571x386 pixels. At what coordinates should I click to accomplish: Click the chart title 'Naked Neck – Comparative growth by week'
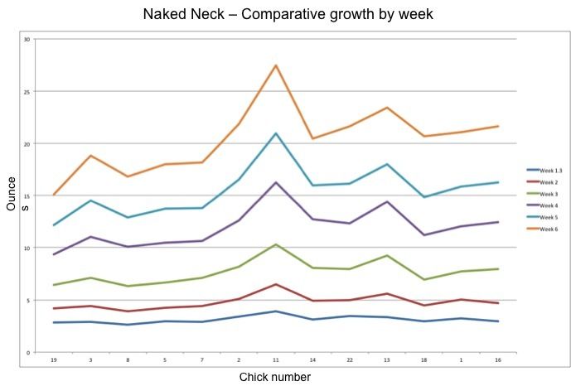[x=285, y=14]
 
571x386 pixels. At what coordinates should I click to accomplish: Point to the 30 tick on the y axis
[x=27, y=39]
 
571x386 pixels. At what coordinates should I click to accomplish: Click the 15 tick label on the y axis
[x=27, y=195]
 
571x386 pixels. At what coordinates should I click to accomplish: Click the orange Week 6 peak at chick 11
[x=276, y=65]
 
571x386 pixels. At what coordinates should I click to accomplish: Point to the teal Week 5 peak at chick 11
[x=276, y=133]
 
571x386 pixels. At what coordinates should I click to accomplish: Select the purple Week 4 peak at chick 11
[x=276, y=182]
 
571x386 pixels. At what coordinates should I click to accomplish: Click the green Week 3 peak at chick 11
[x=276, y=244]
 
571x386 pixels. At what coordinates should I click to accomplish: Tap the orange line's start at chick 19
[x=54, y=195]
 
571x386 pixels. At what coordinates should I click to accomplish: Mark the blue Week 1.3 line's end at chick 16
[x=497, y=321]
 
